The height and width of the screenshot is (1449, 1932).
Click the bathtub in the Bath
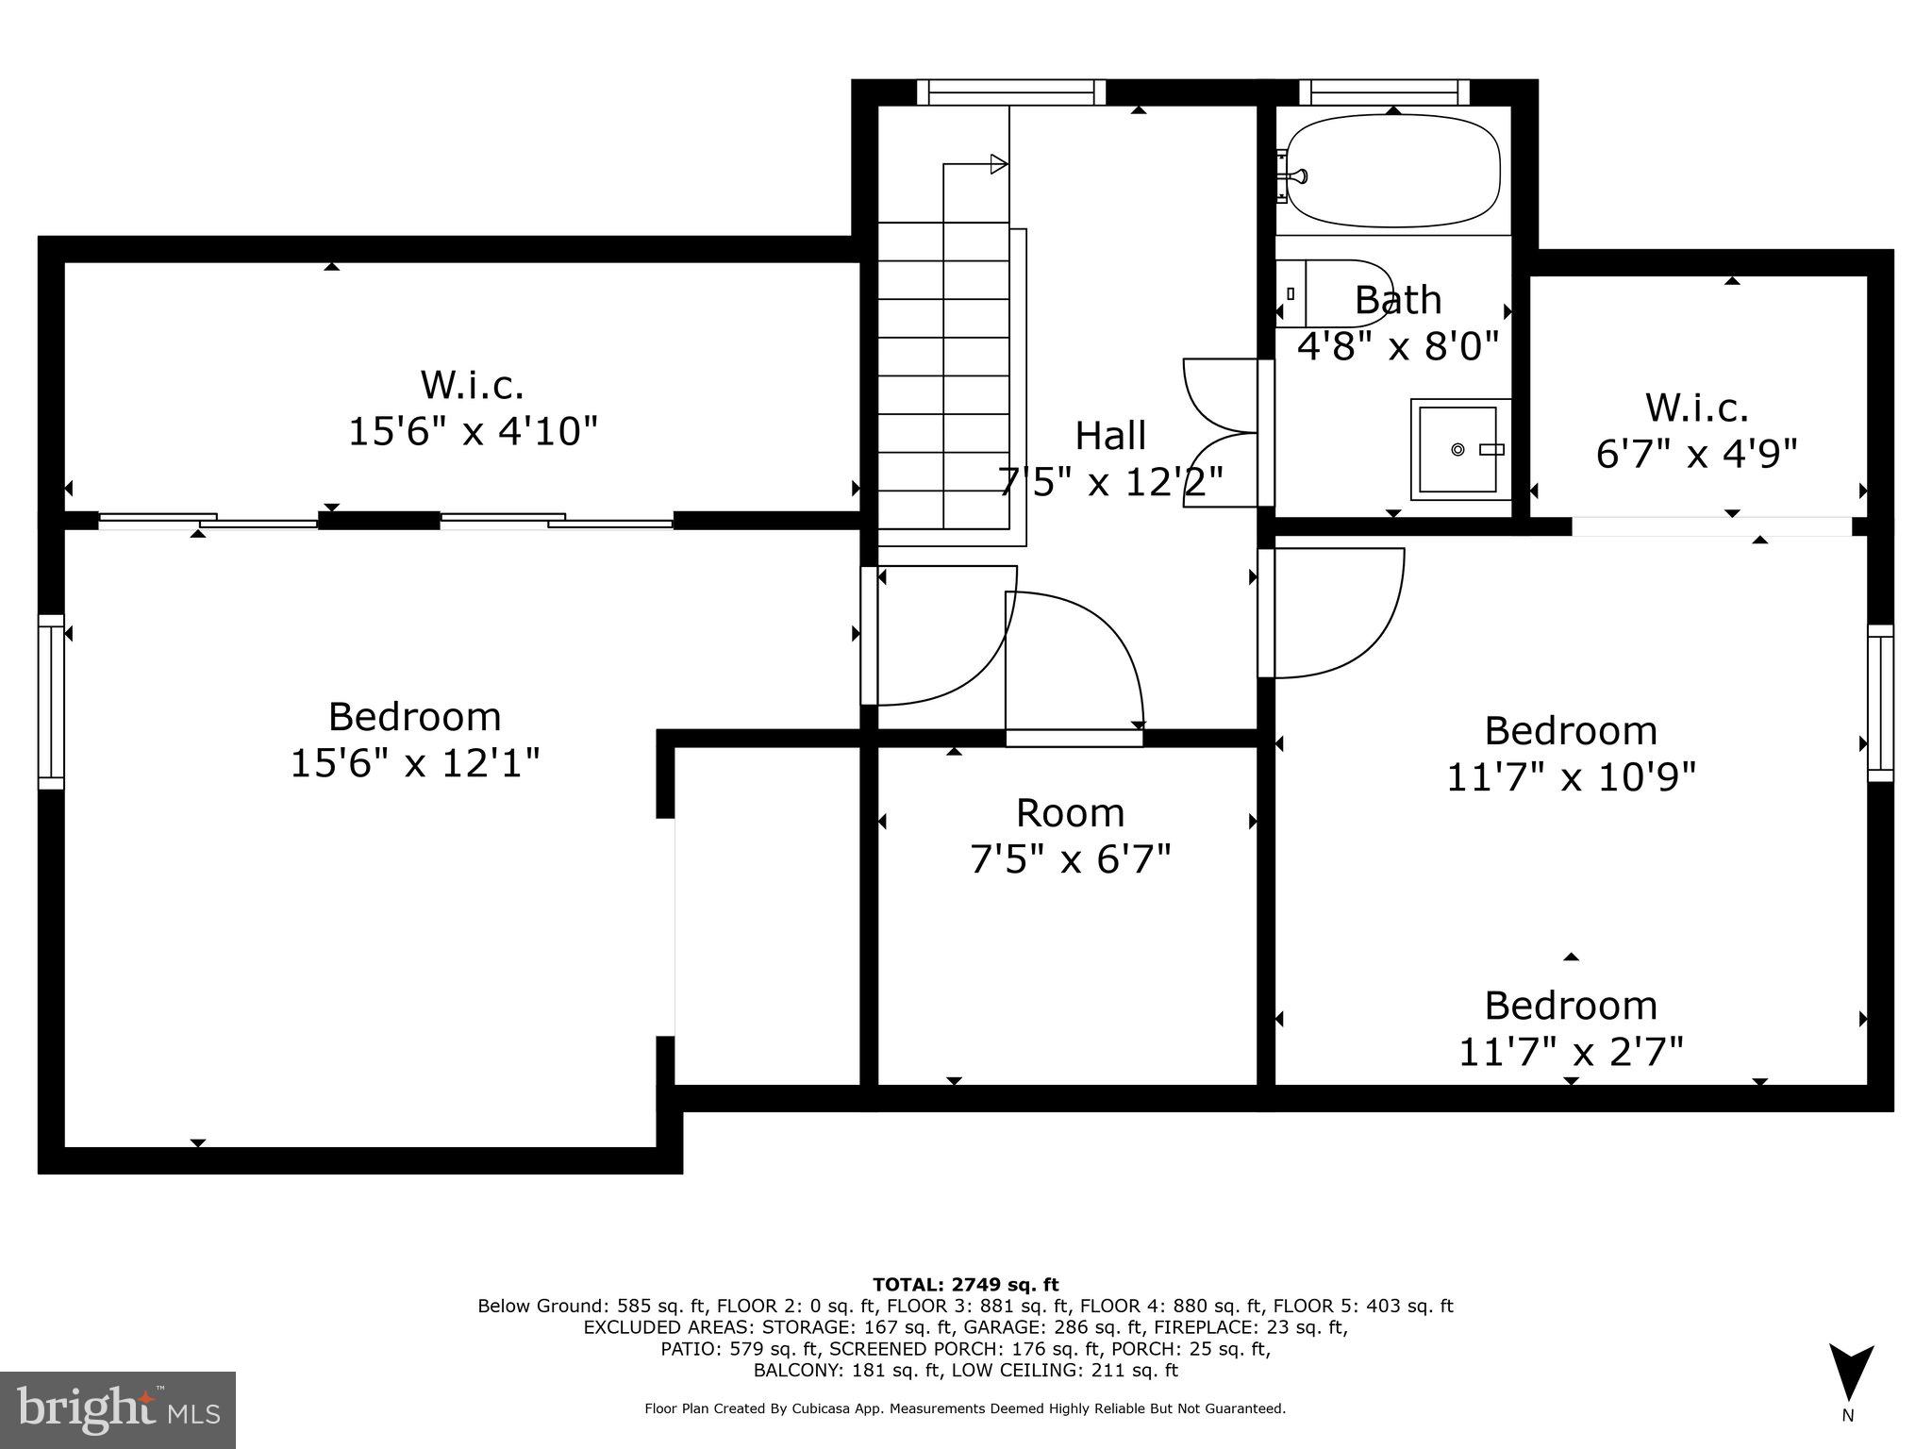pos(1393,171)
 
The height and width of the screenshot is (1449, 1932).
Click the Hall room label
pos(1110,436)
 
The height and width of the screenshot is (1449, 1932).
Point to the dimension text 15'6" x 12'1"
pos(415,762)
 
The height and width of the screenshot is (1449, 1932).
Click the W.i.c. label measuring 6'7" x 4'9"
pos(1696,408)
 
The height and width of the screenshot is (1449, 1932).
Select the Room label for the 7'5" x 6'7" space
pos(1070,813)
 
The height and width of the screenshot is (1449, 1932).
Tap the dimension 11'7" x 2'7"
pos(1571,1051)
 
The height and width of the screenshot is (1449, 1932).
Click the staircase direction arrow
pos(996,165)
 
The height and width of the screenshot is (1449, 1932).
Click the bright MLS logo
pos(118,1409)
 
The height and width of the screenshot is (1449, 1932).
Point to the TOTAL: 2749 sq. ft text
pos(965,1284)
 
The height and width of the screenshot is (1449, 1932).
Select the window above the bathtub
pos(1384,92)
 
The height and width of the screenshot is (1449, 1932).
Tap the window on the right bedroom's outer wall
pos(1880,703)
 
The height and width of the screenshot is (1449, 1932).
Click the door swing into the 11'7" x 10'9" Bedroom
pos(1340,613)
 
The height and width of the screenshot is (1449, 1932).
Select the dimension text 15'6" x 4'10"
pos(473,432)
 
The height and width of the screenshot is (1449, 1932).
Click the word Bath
pos(1397,300)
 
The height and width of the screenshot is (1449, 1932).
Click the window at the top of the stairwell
pos(1010,92)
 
